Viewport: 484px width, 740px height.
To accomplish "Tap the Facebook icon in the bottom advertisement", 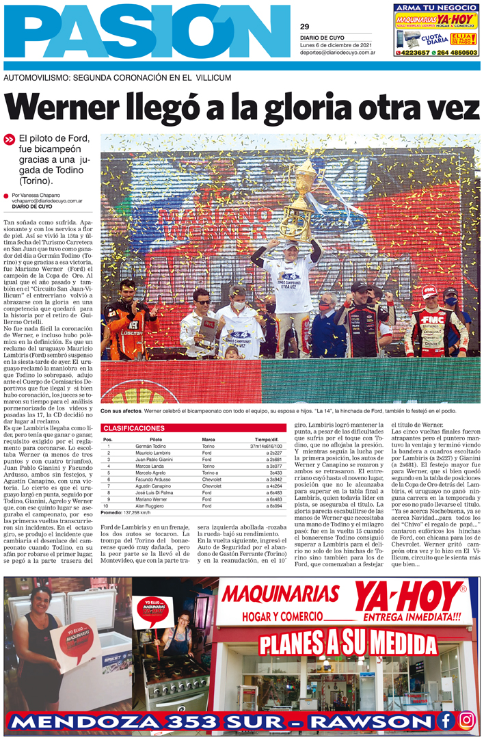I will click(x=446, y=721).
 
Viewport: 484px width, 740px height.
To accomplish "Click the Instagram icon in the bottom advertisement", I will click(x=466, y=721).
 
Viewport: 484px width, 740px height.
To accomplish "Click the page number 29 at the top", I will click(x=305, y=27).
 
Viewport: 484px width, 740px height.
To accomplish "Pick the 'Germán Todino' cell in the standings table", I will click(x=150, y=446).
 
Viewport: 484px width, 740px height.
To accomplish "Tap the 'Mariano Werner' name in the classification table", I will click(x=152, y=499).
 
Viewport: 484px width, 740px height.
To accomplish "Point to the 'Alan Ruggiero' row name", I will click(x=150, y=506).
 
